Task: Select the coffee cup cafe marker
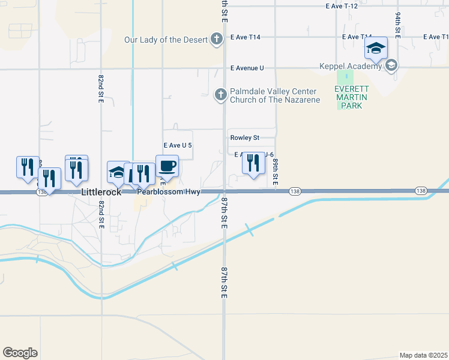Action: (x=167, y=166)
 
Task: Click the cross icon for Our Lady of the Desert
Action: (x=217, y=40)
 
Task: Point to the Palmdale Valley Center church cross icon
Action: (x=220, y=94)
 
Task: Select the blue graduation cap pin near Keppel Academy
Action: (x=376, y=48)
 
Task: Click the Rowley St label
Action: (x=244, y=137)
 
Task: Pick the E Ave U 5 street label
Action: (x=178, y=145)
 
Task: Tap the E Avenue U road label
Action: (x=247, y=68)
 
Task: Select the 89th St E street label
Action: (x=276, y=170)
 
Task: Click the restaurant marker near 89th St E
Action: (x=253, y=163)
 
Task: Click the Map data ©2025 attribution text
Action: (x=424, y=355)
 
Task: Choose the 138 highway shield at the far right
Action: (x=421, y=191)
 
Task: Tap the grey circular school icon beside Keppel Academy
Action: (x=391, y=65)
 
